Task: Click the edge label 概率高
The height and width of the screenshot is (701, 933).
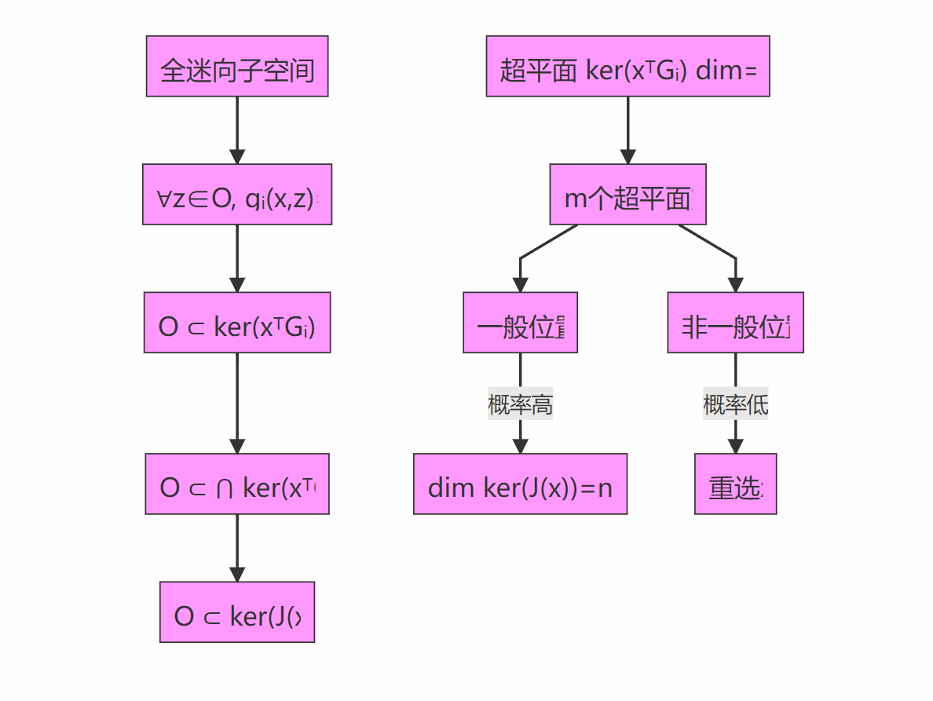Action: [x=520, y=405]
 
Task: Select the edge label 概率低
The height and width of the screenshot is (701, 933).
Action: [x=735, y=405]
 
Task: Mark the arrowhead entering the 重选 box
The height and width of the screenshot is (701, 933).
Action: [x=735, y=446]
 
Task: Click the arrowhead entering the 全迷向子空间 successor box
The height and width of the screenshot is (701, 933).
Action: [x=237, y=156]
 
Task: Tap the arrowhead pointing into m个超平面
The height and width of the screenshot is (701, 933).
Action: [x=627, y=156]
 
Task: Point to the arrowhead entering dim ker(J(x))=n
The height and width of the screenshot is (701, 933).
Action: [x=520, y=446]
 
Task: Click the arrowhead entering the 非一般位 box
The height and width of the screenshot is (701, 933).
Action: [x=735, y=285]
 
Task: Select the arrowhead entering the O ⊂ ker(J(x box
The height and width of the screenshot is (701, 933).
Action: [x=237, y=574]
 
